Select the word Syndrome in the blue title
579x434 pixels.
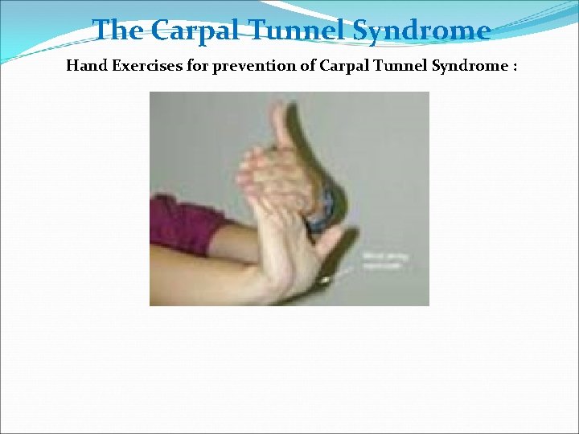point(423,31)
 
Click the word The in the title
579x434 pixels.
point(120,31)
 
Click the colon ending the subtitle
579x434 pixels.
point(513,67)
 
